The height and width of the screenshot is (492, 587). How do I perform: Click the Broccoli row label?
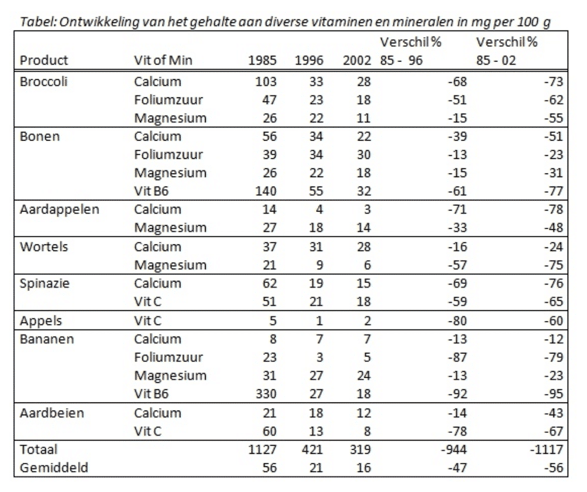[43, 82]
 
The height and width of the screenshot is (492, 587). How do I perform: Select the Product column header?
[44, 60]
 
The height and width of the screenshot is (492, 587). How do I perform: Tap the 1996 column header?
[309, 60]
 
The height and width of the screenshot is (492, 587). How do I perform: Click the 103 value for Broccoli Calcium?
[266, 82]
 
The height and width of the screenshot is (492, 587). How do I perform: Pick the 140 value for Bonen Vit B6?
[266, 191]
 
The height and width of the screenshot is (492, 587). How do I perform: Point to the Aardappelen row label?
[60, 209]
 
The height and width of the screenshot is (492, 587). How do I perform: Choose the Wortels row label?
[44, 247]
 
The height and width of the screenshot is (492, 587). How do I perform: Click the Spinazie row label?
[45, 283]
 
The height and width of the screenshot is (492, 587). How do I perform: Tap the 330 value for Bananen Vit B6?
[266, 394]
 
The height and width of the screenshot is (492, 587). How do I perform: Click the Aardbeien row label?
[52, 413]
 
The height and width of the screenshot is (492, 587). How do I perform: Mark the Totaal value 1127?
[263, 449]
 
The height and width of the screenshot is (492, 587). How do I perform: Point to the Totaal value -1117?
[547, 449]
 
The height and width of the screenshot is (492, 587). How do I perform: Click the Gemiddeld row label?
[54, 467]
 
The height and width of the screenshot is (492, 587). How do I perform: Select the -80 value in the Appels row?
[457, 321]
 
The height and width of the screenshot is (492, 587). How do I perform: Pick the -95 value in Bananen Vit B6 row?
[554, 394]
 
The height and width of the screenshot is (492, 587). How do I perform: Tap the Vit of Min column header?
[163, 60]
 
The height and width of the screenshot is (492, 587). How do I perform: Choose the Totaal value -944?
[454, 449]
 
